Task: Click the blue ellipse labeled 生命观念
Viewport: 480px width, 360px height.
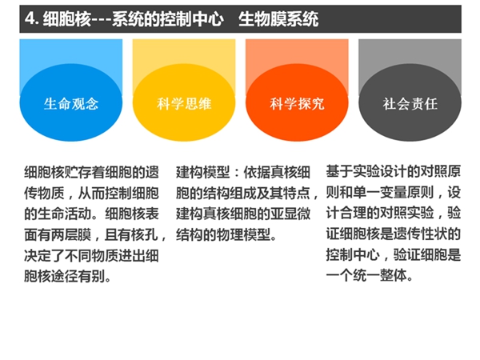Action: (71, 102)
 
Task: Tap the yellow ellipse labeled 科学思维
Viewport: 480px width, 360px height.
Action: (184, 102)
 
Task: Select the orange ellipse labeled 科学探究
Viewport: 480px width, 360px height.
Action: (297, 102)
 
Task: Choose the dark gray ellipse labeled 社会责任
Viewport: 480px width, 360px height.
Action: (410, 102)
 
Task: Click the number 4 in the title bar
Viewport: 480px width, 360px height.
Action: (30, 18)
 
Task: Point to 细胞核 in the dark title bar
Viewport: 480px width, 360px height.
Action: (66, 19)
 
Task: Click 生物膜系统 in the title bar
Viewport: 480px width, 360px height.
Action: (278, 19)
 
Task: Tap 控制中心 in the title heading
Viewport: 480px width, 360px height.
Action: (192, 19)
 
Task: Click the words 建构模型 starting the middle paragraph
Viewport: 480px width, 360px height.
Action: (202, 172)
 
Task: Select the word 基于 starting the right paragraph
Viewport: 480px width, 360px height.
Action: (339, 171)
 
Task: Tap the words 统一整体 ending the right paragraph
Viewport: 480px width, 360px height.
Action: (380, 275)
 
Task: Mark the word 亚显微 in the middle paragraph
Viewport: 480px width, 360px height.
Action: (290, 214)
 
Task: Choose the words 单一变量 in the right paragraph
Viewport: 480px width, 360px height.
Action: (380, 192)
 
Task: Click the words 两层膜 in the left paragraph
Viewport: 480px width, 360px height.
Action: (71, 234)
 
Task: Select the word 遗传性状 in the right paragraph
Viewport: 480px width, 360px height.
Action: (420, 234)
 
